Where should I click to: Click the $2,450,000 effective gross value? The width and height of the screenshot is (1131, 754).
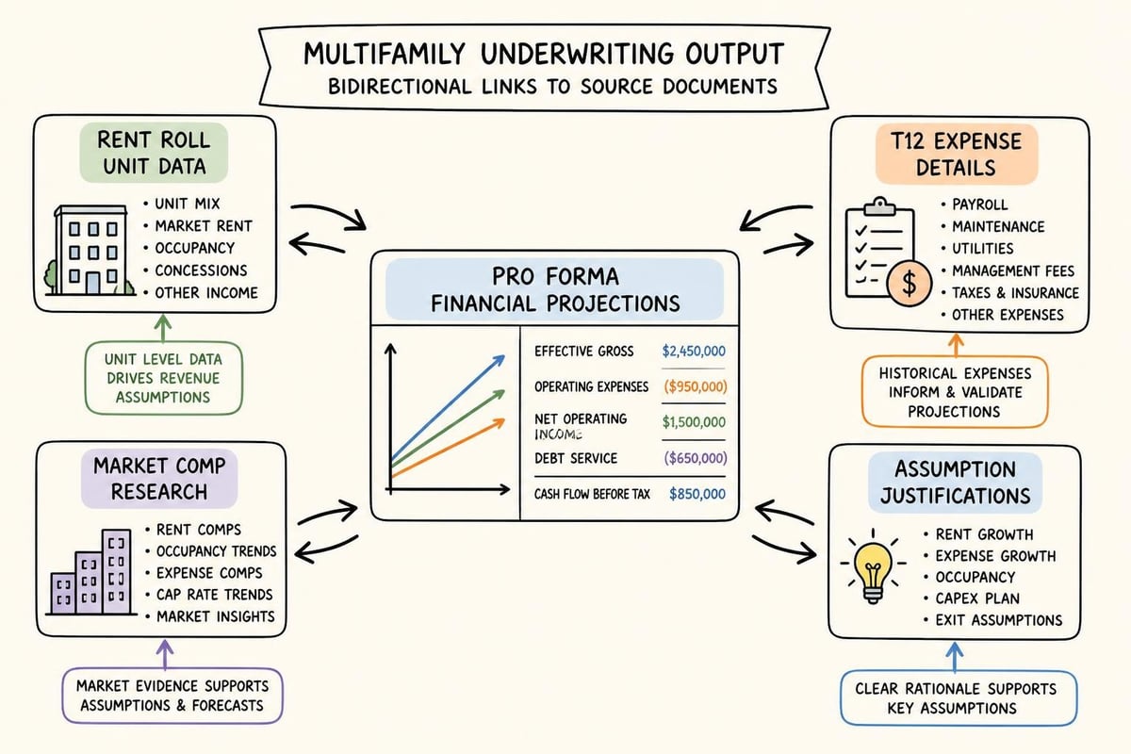pos(694,351)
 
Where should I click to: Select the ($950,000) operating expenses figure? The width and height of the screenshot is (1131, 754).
pos(696,386)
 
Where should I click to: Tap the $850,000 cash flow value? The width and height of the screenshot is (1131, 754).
pos(697,494)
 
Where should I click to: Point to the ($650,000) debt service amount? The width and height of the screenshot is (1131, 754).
pos(696,458)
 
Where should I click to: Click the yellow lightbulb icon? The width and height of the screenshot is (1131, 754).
pos(873,566)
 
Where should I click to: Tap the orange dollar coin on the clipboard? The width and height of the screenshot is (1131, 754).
pos(909,284)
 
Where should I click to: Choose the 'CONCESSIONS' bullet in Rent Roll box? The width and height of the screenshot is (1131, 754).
pos(201,270)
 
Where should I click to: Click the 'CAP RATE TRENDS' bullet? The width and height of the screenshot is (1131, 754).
pos(214,595)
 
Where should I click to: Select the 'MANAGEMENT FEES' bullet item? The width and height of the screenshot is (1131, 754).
pos(1013,271)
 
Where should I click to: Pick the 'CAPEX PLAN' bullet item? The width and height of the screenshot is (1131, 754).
pos(977,598)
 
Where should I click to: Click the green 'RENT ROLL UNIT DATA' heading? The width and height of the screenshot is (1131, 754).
pos(154,153)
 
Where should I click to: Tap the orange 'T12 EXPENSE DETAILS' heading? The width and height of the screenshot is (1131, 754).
pos(957,154)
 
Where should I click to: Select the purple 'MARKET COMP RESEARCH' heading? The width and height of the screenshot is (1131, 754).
pos(159,479)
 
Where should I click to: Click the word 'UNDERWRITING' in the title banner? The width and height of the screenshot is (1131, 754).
pos(577,54)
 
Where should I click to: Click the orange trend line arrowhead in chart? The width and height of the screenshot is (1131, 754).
pos(499,422)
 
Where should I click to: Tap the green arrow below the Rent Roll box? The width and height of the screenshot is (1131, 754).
pos(162,328)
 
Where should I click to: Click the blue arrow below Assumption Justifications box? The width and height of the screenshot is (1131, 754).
pos(954,657)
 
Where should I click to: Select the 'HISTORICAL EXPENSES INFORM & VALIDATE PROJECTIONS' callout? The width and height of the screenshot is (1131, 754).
pos(955,392)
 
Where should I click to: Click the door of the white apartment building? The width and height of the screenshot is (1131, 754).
pos(93,284)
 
